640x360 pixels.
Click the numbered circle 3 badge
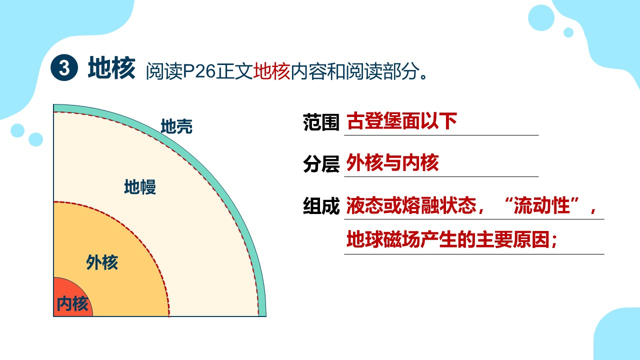coord(64,67)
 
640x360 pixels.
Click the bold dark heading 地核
coord(111,67)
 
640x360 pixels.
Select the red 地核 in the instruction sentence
coord(271,71)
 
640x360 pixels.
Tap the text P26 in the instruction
coord(199,71)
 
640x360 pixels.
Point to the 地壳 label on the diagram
coord(176,126)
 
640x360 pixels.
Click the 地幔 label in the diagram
coord(140,187)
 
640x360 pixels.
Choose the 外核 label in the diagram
coord(102,262)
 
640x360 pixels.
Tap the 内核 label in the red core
coord(72,303)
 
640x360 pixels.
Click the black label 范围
coord(321,122)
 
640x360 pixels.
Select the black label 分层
coord(321,164)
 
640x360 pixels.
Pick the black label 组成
coord(321,206)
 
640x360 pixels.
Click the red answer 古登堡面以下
coord(401,121)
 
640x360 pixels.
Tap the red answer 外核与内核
coord(392,163)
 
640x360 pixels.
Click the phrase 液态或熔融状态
coord(411,205)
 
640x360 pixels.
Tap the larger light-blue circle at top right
coord(541,17)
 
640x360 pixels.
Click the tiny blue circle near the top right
coord(568,32)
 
